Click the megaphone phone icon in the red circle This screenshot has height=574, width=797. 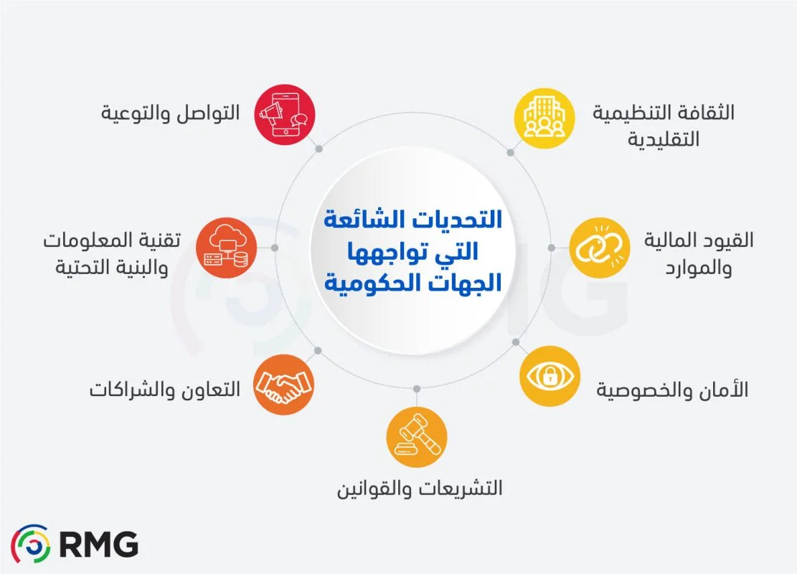286,115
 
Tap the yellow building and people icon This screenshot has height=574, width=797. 546,118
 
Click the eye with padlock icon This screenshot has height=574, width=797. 550,377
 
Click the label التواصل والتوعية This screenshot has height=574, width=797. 169,115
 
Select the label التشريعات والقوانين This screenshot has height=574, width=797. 420,489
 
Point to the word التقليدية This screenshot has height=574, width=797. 664,139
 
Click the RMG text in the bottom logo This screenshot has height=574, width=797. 99,545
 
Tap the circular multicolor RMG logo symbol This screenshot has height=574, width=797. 31,544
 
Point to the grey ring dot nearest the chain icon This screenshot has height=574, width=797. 551,248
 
